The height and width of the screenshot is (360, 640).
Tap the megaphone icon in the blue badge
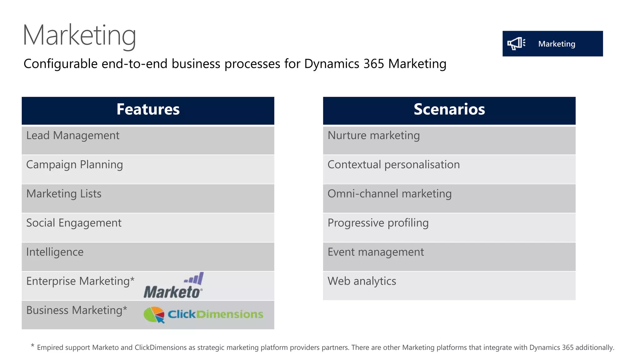[x=516, y=43]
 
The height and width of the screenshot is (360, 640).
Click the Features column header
[x=148, y=110]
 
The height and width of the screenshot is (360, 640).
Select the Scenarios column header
[x=449, y=110]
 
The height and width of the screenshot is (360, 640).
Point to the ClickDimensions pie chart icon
[x=154, y=314]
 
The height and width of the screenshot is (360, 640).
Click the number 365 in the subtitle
[x=373, y=64]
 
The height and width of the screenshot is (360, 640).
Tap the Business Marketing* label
[x=77, y=310]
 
